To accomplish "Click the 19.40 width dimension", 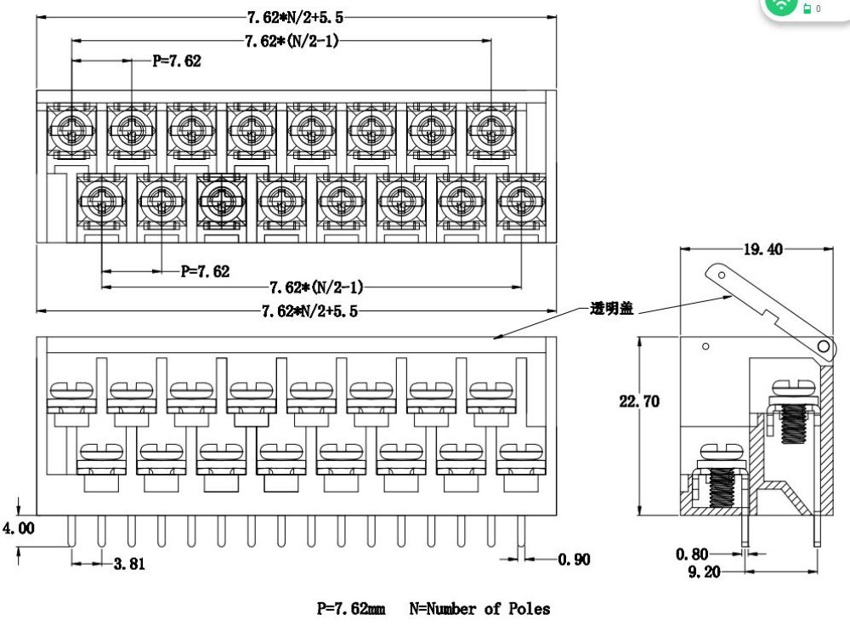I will tap(763, 249).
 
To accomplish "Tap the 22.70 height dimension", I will tap(638, 401).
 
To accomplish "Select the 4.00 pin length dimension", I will tap(18, 528).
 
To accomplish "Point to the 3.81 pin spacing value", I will tap(130, 562).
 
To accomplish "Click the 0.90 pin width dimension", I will tap(574, 559).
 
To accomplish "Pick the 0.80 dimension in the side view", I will tap(692, 554).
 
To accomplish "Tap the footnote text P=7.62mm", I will tap(350, 608).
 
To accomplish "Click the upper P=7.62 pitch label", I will tap(177, 61).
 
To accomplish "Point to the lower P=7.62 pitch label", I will tap(205, 271).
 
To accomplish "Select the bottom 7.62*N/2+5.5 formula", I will tap(309, 310).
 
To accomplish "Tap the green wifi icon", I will tap(781, 6).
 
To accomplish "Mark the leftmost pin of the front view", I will tap(71, 532).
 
